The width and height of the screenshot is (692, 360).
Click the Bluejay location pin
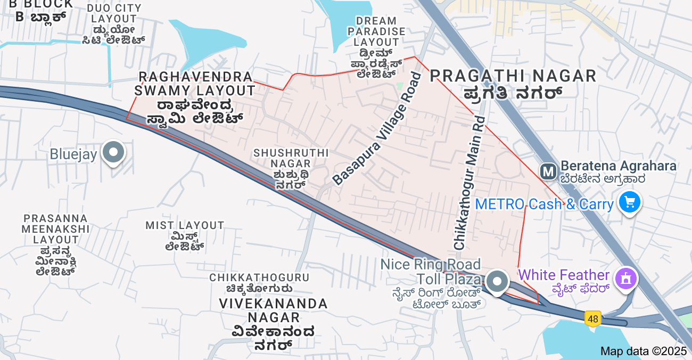point(113,153)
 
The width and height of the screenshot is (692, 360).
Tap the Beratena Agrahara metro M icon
point(548,171)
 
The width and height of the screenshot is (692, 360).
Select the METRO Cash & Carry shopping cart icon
point(630,202)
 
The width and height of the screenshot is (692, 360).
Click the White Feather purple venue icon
point(627,278)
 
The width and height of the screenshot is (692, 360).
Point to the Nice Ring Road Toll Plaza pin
point(497,281)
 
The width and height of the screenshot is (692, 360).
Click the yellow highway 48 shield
point(592,318)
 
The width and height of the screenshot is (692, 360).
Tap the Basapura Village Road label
point(377,129)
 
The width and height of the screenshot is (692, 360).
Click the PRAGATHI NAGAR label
point(513,76)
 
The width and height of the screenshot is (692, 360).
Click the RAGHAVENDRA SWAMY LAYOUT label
point(195,84)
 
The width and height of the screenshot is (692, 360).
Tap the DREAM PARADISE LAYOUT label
point(376,31)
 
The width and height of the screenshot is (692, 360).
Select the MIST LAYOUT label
point(185,226)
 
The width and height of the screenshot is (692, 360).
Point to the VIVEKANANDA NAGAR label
point(274,304)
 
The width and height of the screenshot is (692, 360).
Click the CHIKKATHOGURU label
point(259,278)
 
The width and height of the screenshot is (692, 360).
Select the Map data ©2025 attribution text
point(644,351)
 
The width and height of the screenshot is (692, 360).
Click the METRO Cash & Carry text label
point(544,204)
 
